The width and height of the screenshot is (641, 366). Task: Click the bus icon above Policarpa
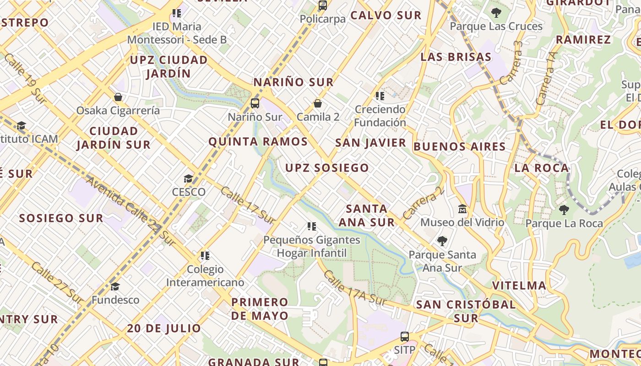(x=323, y=5)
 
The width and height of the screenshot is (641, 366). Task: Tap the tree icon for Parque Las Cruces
(x=496, y=12)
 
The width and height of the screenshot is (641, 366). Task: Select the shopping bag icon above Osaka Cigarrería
(x=118, y=97)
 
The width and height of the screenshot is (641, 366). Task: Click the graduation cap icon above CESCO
(x=188, y=178)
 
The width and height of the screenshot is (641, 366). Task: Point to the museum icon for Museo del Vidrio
(x=462, y=209)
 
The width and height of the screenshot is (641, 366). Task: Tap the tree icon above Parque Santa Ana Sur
(x=442, y=241)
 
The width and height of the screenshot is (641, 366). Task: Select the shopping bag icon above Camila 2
(x=318, y=103)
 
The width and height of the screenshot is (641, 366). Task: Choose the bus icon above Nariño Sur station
(x=255, y=103)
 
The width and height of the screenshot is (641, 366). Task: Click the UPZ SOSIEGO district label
(x=327, y=168)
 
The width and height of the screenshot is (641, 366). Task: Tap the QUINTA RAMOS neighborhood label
(x=258, y=141)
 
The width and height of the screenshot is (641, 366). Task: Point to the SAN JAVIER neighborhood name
(x=370, y=143)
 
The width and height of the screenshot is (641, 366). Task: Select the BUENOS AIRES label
(x=459, y=147)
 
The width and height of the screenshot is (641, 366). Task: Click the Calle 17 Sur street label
(x=248, y=205)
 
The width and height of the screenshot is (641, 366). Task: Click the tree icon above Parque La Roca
(x=564, y=210)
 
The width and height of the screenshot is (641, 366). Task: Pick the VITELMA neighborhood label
(x=519, y=286)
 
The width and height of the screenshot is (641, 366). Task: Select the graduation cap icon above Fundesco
(x=115, y=287)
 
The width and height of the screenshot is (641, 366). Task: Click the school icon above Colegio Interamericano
(x=205, y=255)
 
